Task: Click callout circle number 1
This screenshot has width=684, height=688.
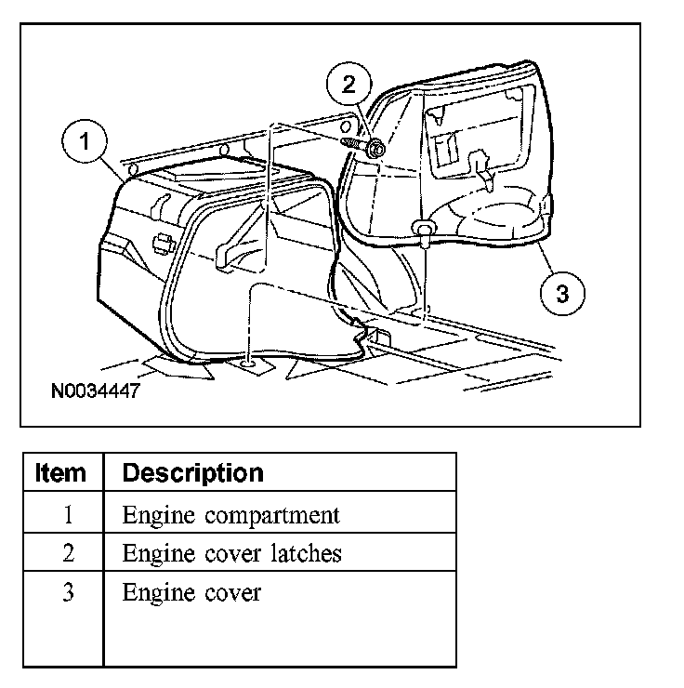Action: (x=85, y=143)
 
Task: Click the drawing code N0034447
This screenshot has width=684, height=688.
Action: (x=95, y=391)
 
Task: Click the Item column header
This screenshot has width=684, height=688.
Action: (x=61, y=472)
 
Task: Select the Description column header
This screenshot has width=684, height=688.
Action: (x=193, y=472)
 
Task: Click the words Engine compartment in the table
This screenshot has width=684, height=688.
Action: (x=231, y=515)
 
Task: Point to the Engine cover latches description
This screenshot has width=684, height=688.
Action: (x=232, y=554)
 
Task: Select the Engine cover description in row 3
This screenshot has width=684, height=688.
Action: (x=191, y=592)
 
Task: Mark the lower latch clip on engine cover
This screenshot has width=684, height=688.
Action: (x=424, y=229)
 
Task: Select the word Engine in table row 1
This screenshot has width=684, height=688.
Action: (x=156, y=515)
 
